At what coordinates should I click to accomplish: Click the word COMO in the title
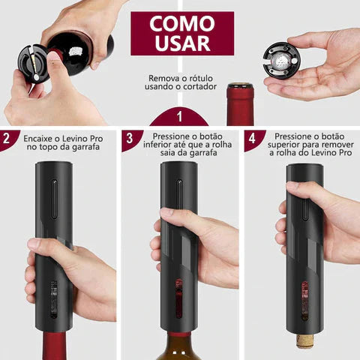182,23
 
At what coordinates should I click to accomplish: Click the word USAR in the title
182,43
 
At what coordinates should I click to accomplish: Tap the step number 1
179,116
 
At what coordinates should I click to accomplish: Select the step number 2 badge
7,138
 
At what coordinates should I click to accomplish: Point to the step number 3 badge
129,138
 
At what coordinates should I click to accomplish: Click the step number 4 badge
252,138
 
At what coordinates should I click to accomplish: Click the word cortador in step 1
199,87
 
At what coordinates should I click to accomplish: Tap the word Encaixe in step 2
37,139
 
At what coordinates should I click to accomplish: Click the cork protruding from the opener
304,341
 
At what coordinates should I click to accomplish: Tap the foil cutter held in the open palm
282,60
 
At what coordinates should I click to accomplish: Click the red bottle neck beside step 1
241,104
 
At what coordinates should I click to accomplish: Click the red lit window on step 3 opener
178,298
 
